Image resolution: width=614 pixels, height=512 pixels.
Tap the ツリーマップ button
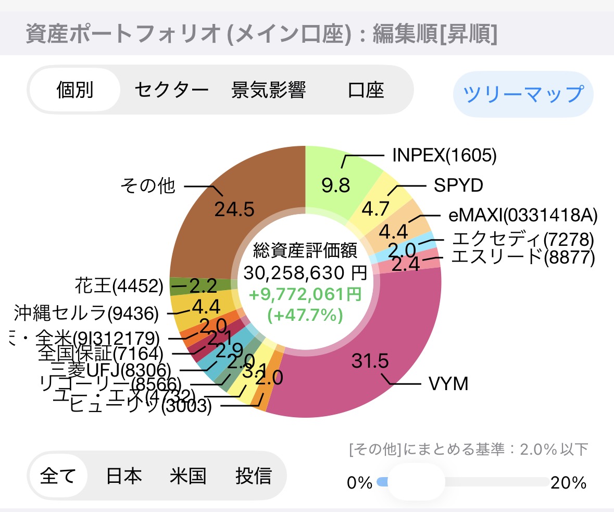pyautogui.click(x=523, y=94)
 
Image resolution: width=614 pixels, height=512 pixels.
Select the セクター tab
pyautogui.click(x=171, y=90)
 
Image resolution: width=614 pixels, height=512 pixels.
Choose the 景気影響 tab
pyautogui.click(x=268, y=90)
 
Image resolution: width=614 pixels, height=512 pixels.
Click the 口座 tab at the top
pyautogui.click(x=366, y=90)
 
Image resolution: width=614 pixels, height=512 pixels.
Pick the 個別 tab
pyautogui.click(x=75, y=90)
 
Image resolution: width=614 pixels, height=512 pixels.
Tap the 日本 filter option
pyautogui.click(x=124, y=476)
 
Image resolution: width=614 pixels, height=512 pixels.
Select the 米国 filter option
pyautogui.click(x=188, y=476)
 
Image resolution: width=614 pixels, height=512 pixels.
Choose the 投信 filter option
pyautogui.click(x=253, y=476)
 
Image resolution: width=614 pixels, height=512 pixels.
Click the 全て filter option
pyautogui.click(x=58, y=476)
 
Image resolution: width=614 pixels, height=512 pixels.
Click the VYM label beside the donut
pyautogui.click(x=448, y=384)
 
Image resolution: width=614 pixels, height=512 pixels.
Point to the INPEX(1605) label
pyautogui.click(x=444, y=155)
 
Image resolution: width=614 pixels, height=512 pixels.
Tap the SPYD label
pyautogui.click(x=458, y=185)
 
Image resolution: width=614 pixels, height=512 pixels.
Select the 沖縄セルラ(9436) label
pyautogui.click(x=86, y=313)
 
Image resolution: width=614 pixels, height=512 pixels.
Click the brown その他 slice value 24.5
pyautogui.click(x=234, y=209)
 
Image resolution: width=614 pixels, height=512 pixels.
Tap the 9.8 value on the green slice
pyautogui.click(x=335, y=185)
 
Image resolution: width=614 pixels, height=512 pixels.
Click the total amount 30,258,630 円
pyautogui.click(x=305, y=272)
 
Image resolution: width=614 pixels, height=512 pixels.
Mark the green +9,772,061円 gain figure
pyautogui.click(x=305, y=295)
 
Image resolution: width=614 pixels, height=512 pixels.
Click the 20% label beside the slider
pyautogui.click(x=568, y=483)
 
